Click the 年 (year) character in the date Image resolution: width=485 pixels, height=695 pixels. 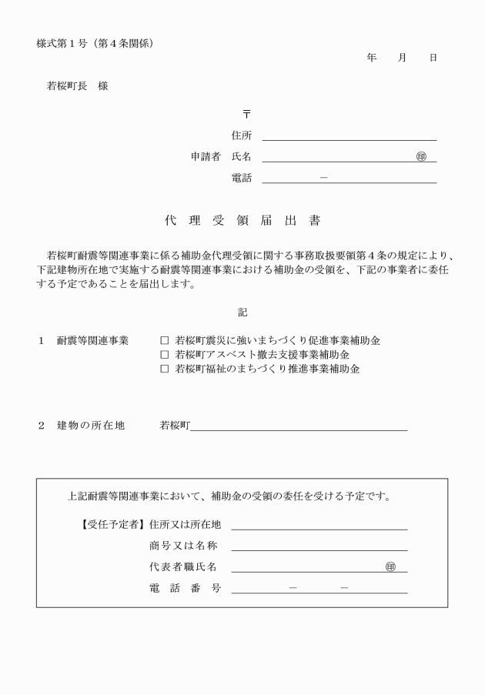[372, 58]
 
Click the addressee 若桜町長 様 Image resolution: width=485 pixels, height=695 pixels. [77, 86]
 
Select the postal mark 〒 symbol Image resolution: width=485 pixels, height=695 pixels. [246, 114]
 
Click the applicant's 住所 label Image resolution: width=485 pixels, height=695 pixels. [241, 135]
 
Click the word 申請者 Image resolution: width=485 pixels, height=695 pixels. [206, 156]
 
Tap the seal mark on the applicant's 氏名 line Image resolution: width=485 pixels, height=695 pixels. [420, 156]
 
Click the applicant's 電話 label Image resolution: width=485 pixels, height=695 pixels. [241, 178]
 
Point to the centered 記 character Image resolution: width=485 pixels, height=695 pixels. [242, 312]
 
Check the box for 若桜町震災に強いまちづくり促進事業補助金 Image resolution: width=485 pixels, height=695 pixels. [164, 339]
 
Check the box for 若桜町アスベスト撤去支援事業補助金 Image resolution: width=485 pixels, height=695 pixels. [164, 354]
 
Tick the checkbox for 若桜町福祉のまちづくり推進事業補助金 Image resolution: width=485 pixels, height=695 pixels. [164, 369]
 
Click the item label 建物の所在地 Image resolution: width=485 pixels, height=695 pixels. [90, 426]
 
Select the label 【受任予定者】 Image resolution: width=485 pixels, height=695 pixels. [111, 525]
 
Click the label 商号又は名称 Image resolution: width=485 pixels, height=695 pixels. [183, 546]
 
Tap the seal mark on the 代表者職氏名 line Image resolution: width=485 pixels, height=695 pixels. [390, 567]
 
